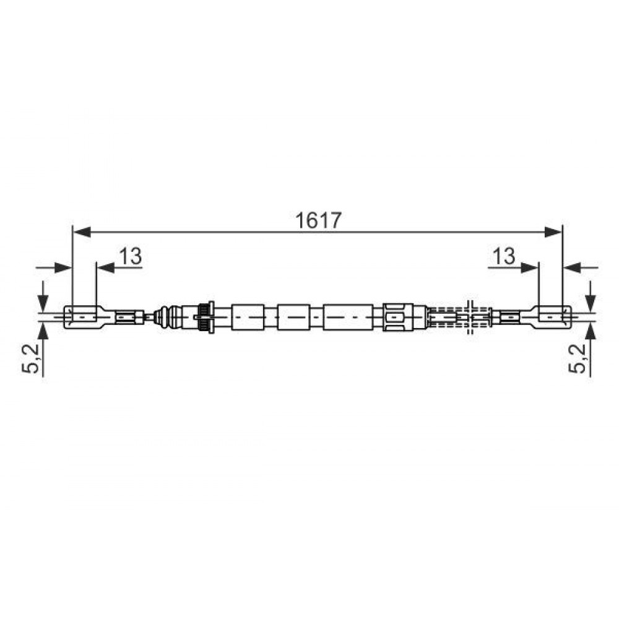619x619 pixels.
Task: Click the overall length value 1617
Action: pyautogui.click(x=318, y=220)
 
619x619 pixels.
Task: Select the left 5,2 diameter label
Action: pyautogui.click(x=30, y=358)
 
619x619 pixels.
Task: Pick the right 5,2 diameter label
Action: pyautogui.click(x=577, y=358)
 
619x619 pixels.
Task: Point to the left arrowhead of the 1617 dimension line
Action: pyautogui.click(x=82, y=232)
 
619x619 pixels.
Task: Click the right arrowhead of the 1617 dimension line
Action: pyautogui.click(x=553, y=232)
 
